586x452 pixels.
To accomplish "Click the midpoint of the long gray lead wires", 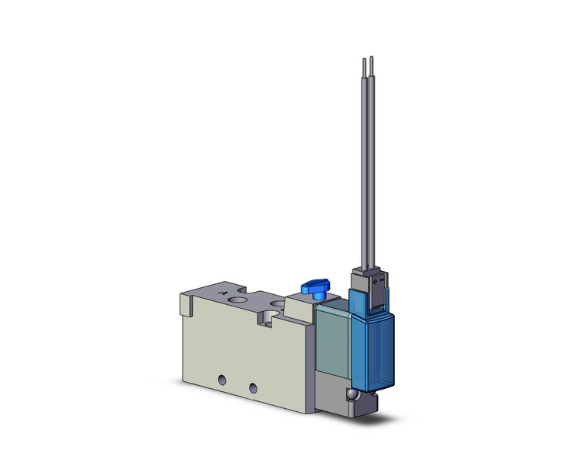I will tap(366, 162).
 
